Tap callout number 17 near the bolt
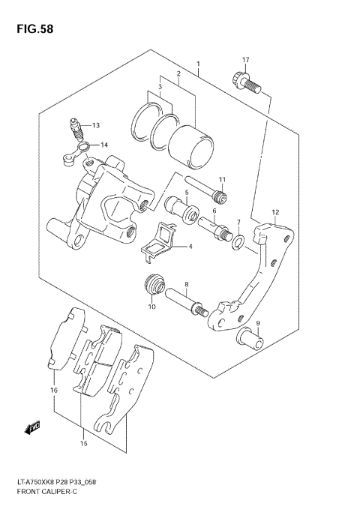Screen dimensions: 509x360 coord(245,60)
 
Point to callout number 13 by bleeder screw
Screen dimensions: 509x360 coord(96,125)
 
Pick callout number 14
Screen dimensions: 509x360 coord(103,145)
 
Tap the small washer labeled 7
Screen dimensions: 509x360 coord(237,241)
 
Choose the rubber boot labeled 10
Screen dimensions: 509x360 coord(154,286)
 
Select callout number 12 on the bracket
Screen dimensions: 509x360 coord(275,212)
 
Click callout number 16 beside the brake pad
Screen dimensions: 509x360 coord(53,391)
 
